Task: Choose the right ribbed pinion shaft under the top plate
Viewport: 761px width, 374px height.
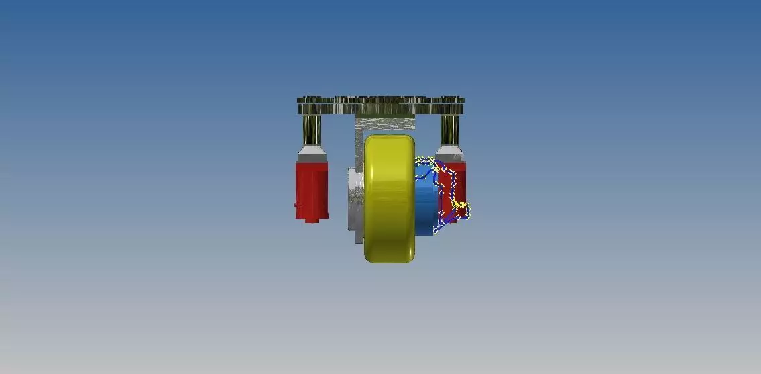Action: (x=449, y=128)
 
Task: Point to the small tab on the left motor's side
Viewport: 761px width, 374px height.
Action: (x=297, y=204)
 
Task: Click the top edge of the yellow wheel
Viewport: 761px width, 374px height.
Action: (x=389, y=136)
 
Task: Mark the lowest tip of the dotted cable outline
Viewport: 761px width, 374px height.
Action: (x=436, y=230)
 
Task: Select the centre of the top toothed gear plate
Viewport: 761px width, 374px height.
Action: (x=381, y=104)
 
